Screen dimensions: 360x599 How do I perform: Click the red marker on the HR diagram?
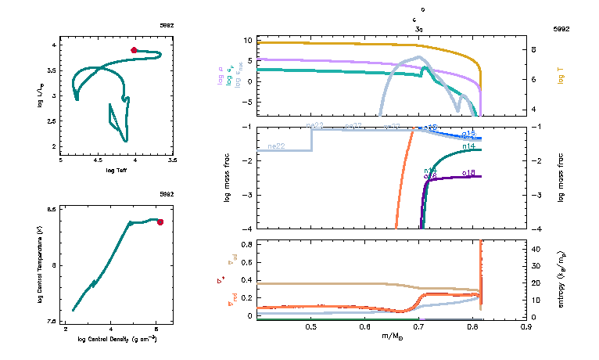tap(134, 50)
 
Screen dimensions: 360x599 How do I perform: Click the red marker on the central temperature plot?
tap(160, 221)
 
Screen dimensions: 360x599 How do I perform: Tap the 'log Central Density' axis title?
tap(117, 340)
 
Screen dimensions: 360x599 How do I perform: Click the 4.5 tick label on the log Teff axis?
tap(99, 160)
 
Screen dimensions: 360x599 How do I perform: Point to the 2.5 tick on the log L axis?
tap(52, 121)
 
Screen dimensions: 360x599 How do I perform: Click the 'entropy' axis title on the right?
tap(561, 279)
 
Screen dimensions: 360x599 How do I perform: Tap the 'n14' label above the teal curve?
tap(469, 146)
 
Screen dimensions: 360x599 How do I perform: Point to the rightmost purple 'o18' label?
tap(469, 172)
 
